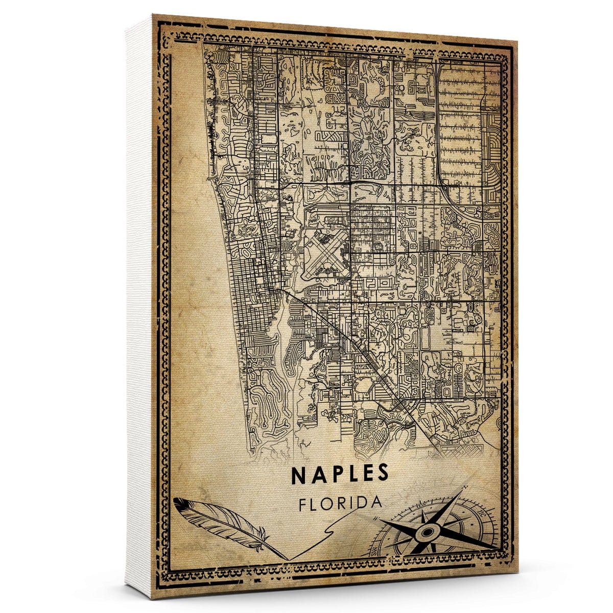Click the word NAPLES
tap(340, 474)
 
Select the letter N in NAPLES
tap(299, 474)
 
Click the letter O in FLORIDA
tap(330, 503)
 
